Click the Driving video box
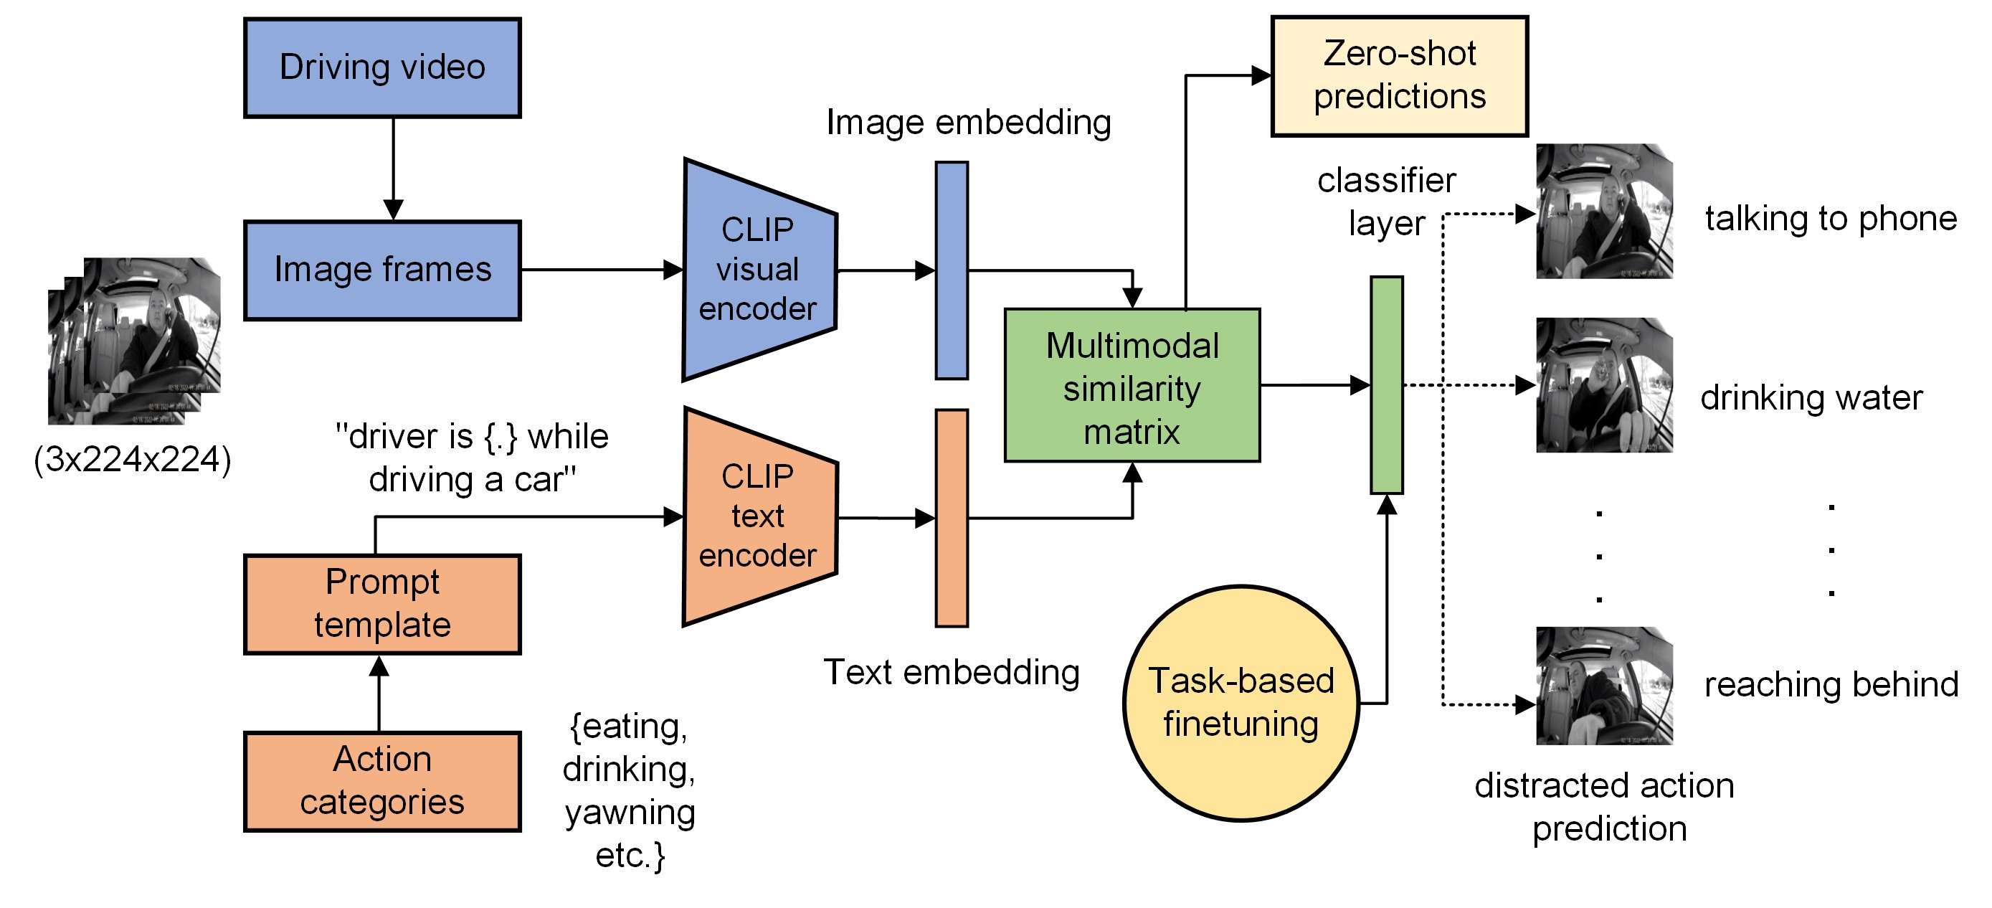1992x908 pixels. [x=382, y=67]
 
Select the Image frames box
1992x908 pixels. [x=382, y=270]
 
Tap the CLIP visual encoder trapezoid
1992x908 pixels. [x=758, y=270]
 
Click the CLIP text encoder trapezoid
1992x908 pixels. [x=758, y=516]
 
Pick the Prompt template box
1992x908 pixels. [x=382, y=604]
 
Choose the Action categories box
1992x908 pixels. [x=382, y=781]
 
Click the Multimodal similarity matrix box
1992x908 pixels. [x=1132, y=386]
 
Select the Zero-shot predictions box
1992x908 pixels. [x=1399, y=76]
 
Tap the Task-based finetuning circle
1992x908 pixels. [x=1241, y=702]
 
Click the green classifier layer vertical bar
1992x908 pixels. [x=1387, y=384]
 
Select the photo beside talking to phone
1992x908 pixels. [x=1604, y=211]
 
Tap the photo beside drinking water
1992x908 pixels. [x=1604, y=384]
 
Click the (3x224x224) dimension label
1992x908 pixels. [x=132, y=460]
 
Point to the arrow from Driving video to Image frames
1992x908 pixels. [x=393, y=169]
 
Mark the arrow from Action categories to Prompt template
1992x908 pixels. [x=379, y=693]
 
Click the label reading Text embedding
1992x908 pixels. [x=951, y=672]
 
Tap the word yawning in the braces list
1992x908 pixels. [x=630, y=813]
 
